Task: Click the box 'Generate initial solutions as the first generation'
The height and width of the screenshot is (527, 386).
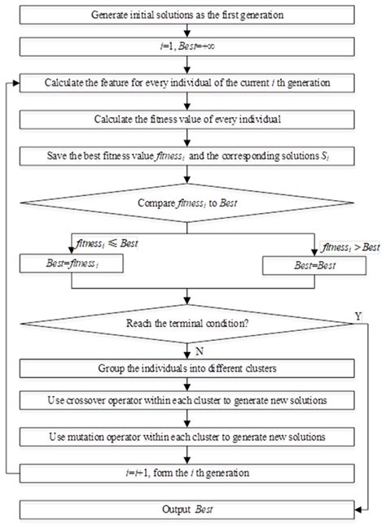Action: (188, 15)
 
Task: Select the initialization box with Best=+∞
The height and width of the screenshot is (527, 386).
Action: (188, 49)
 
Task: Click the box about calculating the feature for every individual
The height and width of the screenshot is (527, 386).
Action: (188, 83)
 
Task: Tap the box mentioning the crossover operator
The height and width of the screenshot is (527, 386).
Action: (188, 401)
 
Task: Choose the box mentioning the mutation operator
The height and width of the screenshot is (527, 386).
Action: (188, 436)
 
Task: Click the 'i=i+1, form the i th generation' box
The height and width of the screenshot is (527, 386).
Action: (188, 471)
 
